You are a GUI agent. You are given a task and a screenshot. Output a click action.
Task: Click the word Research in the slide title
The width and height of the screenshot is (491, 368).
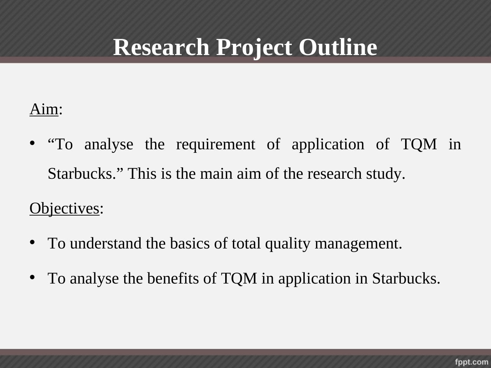pyautogui.click(x=161, y=47)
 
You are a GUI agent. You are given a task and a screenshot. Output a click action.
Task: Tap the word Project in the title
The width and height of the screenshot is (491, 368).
pyautogui.click(x=254, y=48)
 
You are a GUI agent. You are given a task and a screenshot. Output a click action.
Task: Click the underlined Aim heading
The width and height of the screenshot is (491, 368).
pyautogui.click(x=44, y=109)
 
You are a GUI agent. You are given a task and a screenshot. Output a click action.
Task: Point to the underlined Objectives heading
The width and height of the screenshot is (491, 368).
pyautogui.click(x=65, y=209)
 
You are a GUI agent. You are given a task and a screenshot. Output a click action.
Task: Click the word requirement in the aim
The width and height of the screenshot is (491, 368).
pyautogui.click(x=216, y=144)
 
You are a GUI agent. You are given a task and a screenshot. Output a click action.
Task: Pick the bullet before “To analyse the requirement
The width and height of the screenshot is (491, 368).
pyautogui.click(x=32, y=143)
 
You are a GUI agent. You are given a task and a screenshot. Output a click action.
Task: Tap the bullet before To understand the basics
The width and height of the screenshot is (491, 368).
pyautogui.click(x=32, y=242)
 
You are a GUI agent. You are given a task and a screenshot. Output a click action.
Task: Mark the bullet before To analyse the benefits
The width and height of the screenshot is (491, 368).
pyautogui.click(x=32, y=277)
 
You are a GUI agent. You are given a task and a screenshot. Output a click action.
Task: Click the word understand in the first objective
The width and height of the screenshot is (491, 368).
pyautogui.click(x=106, y=243)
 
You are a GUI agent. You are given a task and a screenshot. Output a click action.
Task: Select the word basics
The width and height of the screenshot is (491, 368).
pyautogui.click(x=190, y=243)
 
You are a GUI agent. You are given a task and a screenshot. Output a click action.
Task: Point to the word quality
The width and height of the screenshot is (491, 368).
pyautogui.click(x=288, y=244)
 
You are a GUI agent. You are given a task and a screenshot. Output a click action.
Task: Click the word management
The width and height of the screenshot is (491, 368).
pyautogui.click(x=358, y=244)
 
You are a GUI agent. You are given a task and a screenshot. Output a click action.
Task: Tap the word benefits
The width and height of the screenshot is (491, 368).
pyautogui.click(x=173, y=278)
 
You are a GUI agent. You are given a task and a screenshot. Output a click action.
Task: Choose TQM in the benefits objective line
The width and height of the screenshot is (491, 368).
pyautogui.click(x=239, y=279)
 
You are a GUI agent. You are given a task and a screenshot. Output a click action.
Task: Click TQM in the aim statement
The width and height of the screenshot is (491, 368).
pyautogui.click(x=419, y=144)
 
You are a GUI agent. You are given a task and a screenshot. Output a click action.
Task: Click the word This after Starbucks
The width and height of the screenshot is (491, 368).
pyautogui.click(x=142, y=173)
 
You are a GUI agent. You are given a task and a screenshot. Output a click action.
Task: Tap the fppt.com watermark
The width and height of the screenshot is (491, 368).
pyautogui.click(x=472, y=362)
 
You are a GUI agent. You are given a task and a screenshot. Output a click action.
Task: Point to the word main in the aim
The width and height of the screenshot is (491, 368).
pyautogui.click(x=216, y=173)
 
